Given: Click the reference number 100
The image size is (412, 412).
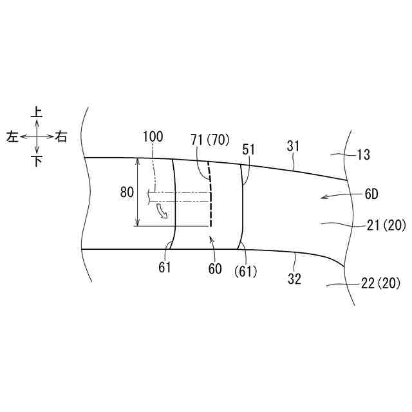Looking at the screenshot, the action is pyautogui.click(x=153, y=136).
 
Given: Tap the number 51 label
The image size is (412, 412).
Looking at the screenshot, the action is pyautogui.click(x=249, y=149).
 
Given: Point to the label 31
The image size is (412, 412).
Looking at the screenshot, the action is pyautogui.click(x=294, y=146).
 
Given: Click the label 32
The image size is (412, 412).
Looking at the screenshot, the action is pyautogui.click(x=294, y=280).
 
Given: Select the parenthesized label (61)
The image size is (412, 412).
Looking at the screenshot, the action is pyautogui.click(x=246, y=272).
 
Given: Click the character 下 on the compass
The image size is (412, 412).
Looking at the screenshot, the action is pyautogui.click(x=37, y=161).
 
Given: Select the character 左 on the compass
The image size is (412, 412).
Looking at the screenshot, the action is pyautogui.click(x=12, y=137).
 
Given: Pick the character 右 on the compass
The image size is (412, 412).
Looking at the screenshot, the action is pyautogui.click(x=61, y=137).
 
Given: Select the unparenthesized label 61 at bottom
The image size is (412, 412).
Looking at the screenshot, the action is pyautogui.click(x=165, y=267).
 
